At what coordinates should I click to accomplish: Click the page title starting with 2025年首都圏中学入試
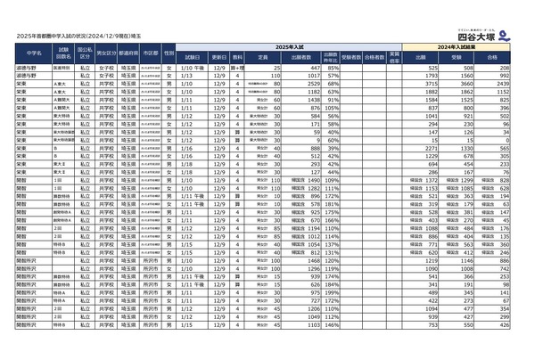pyautogui.click(x=86, y=37)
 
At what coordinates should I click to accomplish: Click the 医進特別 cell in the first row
pyautogui.click(x=62, y=68)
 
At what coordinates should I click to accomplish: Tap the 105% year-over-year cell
pyautogui.click(x=331, y=101)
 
